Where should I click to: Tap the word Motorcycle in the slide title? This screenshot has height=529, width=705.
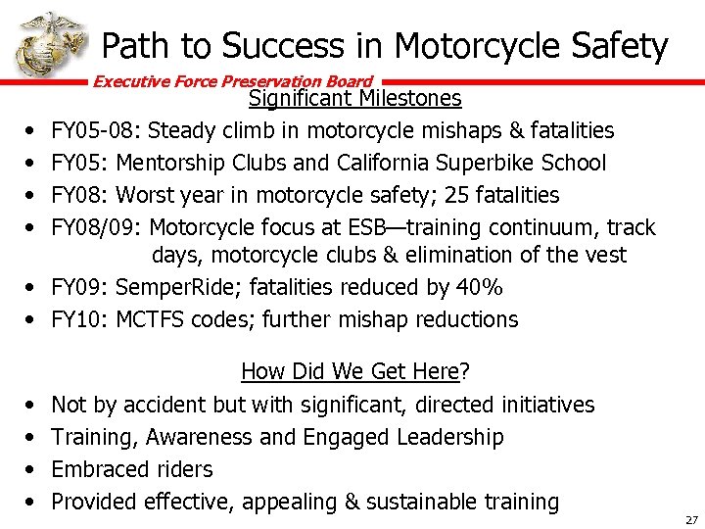point(476,45)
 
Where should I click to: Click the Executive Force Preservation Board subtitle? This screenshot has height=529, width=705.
point(233,82)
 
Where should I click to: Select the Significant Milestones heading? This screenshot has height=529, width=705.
point(354,99)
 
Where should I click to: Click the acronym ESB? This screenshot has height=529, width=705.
point(373,227)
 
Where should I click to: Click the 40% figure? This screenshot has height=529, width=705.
point(479,287)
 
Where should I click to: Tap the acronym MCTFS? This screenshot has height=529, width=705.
point(150,319)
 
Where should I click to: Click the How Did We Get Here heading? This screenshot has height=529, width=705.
point(354,371)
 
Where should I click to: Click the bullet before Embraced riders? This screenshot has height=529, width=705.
point(29,469)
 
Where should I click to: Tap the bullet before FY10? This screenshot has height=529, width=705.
point(29,319)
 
